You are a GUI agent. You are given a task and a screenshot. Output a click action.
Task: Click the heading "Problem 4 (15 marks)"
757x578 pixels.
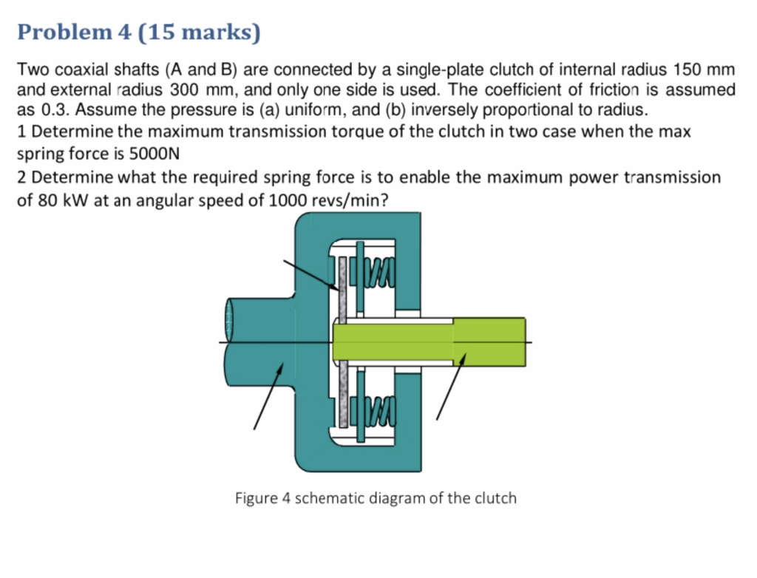pyautogui.click(x=139, y=33)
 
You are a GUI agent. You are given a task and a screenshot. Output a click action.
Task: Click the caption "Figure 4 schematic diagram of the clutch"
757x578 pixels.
pyautogui.click(x=376, y=497)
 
